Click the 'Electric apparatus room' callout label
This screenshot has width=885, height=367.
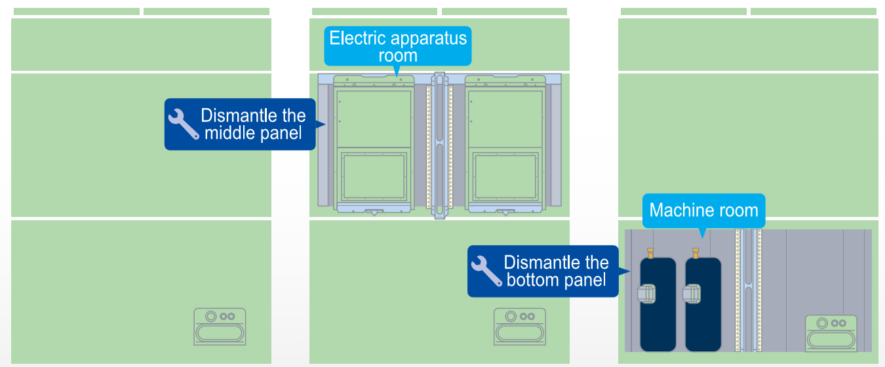pyautogui.click(x=398, y=46)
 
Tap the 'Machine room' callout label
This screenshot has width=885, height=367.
pyautogui.click(x=703, y=210)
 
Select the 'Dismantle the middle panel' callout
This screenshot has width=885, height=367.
pyautogui.click(x=240, y=125)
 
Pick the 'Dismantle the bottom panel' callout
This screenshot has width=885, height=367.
pyautogui.click(x=543, y=271)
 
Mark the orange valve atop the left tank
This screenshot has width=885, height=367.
pyautogui.click(x=650, y=252)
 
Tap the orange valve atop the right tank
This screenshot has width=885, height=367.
pyautogui.click(x=696, y=252)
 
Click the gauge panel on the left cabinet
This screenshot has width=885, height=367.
pyautogui.click(x=220, y=326)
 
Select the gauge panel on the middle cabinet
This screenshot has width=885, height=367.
pyautogui.click(x=519, y=326)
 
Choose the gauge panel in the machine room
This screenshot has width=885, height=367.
pyautogui.click(x=831, y=333)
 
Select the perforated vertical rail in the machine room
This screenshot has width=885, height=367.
pyautogui.click(x=749, y=288)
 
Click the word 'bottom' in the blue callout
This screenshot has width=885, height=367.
pyautogui.click(x=536, y=280)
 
